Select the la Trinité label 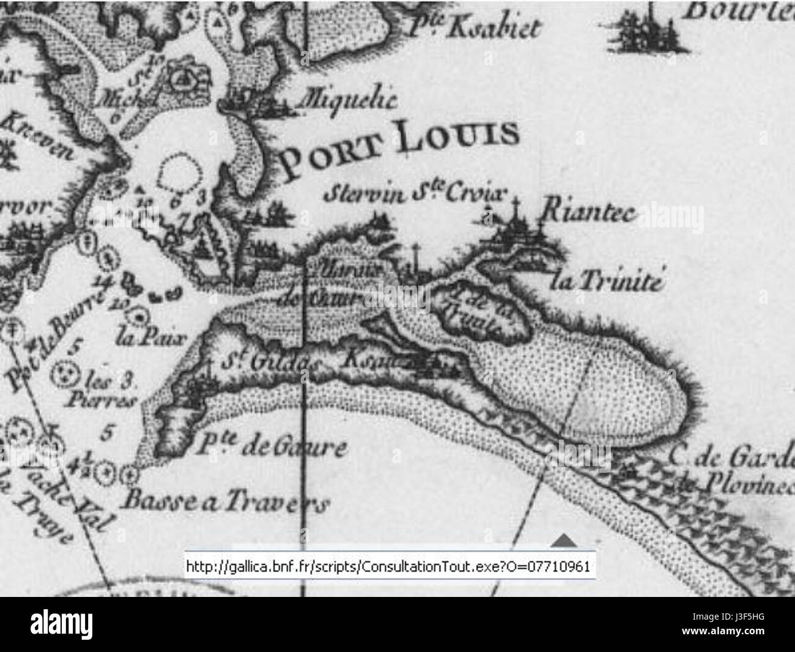(606, 281)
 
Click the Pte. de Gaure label (272, 447)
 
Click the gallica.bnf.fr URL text (389, 566)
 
